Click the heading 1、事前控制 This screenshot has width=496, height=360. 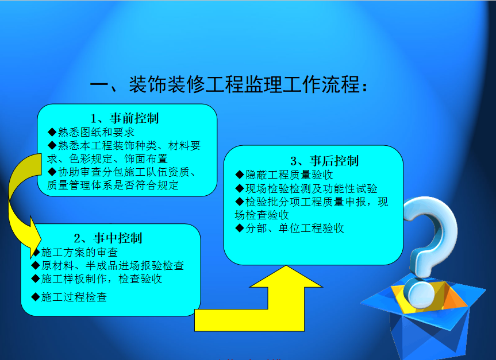[125, 118]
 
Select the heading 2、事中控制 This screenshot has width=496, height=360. [108, 238]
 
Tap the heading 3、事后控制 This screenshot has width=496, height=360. [325, 161]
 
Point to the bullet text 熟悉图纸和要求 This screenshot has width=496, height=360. [96, 132]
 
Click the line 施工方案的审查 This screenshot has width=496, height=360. [80, 252]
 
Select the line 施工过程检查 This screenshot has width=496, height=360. [74, 297]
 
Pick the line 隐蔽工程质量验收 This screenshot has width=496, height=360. [289, 175]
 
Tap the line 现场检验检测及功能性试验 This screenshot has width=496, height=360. [312, 189]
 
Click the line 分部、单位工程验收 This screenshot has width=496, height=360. [294, 228]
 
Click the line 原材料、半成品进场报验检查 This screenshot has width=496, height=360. [113, 265]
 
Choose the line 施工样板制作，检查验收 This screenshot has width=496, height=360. [102, 279]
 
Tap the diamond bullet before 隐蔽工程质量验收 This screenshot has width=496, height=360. [240, 175]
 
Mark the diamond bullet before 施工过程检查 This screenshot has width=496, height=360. [36, 297]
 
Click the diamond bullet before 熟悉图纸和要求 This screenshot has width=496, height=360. [52, 132]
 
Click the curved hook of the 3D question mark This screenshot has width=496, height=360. [443, 221]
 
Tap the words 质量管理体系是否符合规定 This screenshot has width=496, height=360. [113, 185]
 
